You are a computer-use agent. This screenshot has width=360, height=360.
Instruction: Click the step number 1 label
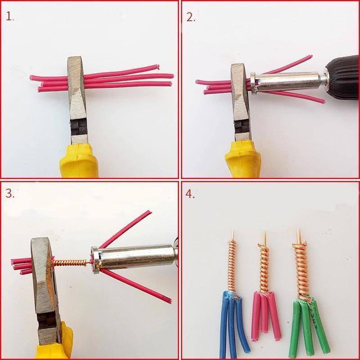(x=9, y=17)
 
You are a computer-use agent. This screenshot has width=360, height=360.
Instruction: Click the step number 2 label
(x=191, y=17)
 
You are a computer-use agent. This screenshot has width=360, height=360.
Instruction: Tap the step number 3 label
(x=10, y=194)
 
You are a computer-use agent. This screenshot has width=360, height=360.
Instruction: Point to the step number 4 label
(x=191, y=194)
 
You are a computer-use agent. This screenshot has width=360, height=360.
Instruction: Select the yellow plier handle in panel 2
(x=243, y=160)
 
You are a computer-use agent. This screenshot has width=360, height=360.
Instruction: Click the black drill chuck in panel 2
(x=341, y=77)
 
